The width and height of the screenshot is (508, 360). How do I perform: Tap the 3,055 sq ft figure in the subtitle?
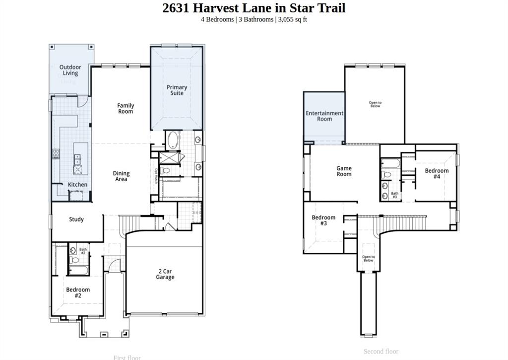point(292,19)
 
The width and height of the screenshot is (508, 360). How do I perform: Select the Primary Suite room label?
point(177,90)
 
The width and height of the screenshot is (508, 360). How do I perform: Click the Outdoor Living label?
point(70,70)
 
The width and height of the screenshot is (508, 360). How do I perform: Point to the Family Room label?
point(126,108)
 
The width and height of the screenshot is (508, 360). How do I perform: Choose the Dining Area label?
point(121,176)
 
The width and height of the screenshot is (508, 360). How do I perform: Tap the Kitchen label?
point(77,185)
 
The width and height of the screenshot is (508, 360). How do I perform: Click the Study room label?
point(76,219)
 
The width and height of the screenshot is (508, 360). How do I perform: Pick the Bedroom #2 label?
point(78,292)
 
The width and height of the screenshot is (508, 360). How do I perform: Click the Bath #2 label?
point(83,251)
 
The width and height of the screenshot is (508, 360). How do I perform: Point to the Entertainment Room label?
point(324,116)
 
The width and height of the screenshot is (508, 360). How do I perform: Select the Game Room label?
point(344,171)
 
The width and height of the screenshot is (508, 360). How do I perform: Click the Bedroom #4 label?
point(437,173)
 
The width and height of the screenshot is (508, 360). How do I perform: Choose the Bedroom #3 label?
point(323,220)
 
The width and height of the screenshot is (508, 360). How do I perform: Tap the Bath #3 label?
point(395,195)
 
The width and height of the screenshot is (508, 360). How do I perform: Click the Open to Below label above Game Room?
point(375,104)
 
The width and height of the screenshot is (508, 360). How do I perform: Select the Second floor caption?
point(381,351)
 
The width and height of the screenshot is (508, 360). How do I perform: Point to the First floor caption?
point(127,357)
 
